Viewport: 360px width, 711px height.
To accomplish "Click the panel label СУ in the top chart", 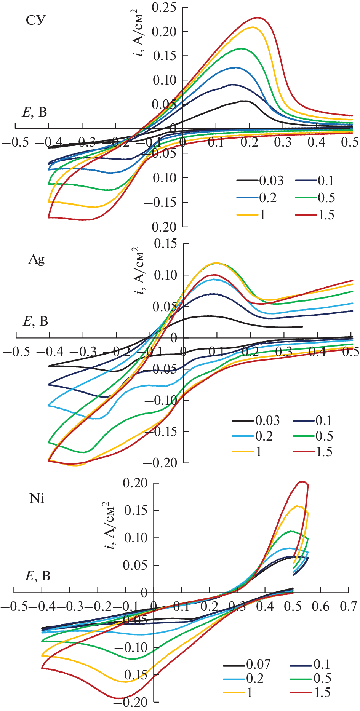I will point(36,20).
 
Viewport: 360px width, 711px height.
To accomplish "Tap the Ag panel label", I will point(37,259).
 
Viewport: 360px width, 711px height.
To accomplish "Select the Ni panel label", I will point(37,498).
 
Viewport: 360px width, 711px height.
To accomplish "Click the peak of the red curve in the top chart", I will point(258,18).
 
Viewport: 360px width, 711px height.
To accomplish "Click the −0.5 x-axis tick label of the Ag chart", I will point(16,351).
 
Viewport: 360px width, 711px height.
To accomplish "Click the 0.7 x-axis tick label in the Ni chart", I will point(349,606).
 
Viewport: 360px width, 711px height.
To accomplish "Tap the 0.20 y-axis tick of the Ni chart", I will point(135,483).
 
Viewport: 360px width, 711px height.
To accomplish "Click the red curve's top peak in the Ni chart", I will point(303,482).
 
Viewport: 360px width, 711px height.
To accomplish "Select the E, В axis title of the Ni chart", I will point(38,576).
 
